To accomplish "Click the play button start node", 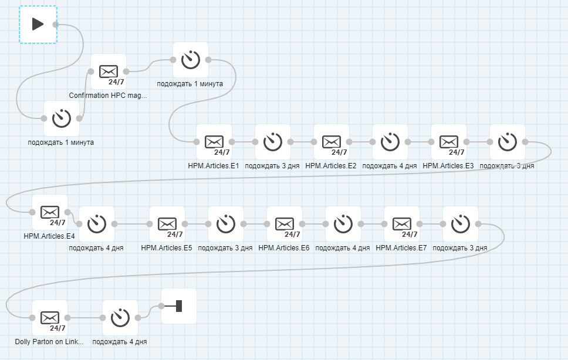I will point(38,24).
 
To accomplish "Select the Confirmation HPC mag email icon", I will point(109,72).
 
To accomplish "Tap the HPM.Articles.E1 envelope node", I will point(214,142).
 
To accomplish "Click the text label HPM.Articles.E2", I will point(331,166).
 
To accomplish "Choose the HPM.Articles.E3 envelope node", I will point(449,142).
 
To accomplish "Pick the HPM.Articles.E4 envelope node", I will point(50,212).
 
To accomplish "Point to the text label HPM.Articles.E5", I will point(167,248).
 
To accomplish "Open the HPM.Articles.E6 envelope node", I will point(285,224).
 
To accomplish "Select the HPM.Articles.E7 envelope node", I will point(402,224).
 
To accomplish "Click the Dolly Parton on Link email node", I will point(50,318).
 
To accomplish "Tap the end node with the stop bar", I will point(179,306).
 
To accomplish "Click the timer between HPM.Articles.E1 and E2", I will point(273,142).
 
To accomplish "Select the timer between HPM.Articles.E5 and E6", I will point(226,224).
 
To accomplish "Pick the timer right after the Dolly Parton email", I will point(120,318).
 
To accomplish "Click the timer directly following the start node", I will point(62,118).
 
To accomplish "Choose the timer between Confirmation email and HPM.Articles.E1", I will point(191,60).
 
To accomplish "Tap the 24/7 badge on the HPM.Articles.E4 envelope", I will point(58,222).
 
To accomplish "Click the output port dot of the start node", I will point(56,25).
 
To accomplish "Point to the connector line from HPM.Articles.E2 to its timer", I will point(361,142).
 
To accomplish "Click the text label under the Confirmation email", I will point(108,96).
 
